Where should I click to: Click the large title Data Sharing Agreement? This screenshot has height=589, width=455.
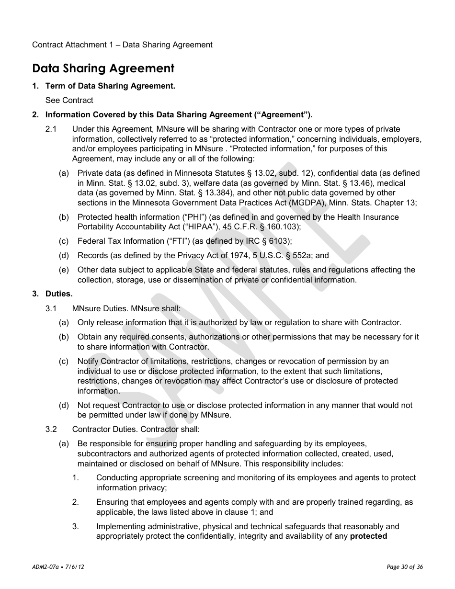(103, 68)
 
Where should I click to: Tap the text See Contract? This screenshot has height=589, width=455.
(69, 100)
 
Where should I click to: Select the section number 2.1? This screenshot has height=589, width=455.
(51, 129)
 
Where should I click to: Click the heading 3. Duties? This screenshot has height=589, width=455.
(52, 294)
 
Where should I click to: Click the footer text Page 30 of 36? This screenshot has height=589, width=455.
(405, 567)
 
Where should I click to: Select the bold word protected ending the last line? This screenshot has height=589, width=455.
(368, 536)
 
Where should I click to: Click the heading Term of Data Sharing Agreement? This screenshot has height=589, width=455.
(110, 86)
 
